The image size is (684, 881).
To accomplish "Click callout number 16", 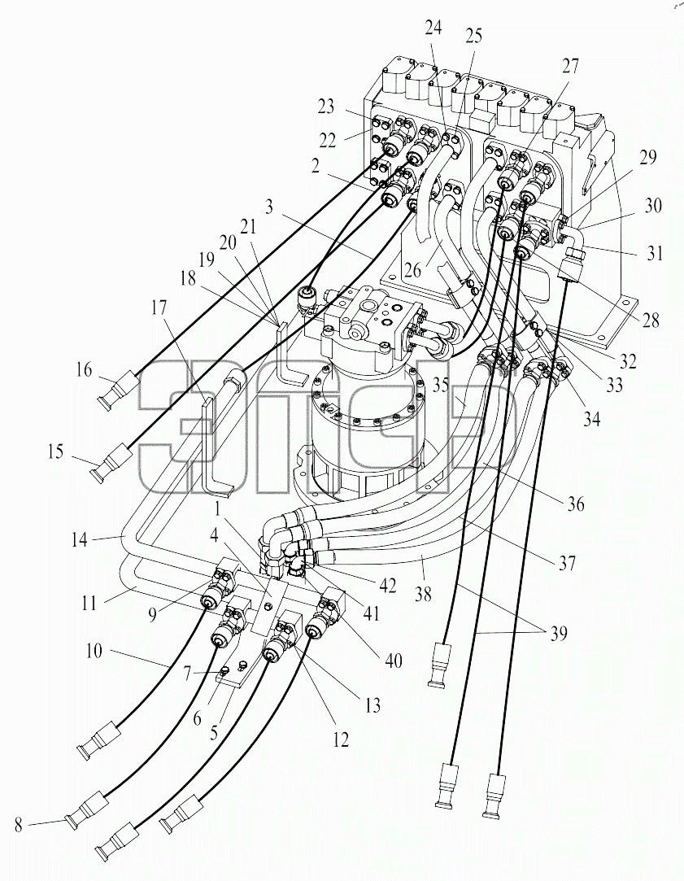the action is [84, 370].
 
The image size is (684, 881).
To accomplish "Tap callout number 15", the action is [55, 451].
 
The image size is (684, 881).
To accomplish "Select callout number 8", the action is [19, 826].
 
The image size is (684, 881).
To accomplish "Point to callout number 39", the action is [559, 633].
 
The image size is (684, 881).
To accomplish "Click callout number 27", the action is [569, 67].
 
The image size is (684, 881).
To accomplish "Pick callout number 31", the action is [654, 254].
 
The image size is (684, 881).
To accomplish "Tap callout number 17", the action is [159, 307].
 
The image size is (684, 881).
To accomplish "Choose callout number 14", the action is [79, 539].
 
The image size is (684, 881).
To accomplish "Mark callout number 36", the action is [576, 504].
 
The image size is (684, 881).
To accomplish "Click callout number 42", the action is [387, 586].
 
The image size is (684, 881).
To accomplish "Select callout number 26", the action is [412, 270].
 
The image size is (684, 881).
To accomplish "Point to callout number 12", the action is [340, 739].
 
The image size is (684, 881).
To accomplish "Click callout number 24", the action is [433, 27].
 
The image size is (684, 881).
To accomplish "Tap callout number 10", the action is [94, 651].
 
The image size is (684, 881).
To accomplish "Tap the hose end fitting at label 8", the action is [85, 809].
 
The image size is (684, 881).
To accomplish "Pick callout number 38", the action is [423, 593].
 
